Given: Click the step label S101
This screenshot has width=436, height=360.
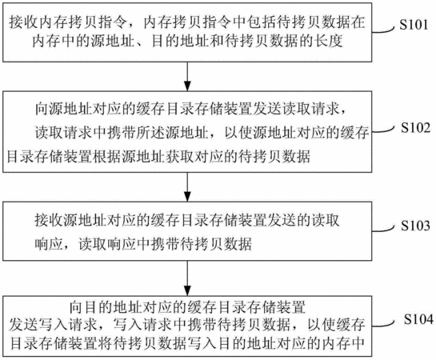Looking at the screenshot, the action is pos(414,25).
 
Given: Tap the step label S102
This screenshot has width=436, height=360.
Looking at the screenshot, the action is pos(415,128).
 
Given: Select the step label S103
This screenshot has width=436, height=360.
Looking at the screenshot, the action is pos(415,226).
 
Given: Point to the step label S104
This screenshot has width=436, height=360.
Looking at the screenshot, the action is pos(418,319).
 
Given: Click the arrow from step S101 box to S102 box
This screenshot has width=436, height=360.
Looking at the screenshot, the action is pos(188,76).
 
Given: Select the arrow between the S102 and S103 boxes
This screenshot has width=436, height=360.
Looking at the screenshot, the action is pos(188,187).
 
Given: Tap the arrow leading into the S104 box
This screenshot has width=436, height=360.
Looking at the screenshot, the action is pos(188,278).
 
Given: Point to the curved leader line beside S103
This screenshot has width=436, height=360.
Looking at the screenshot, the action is pos(383,230).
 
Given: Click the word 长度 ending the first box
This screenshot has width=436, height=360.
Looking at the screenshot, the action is pos(328,42).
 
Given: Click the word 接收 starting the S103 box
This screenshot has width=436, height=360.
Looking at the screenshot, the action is pos(50,221).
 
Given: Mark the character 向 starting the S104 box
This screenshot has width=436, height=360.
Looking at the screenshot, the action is pos(76,307).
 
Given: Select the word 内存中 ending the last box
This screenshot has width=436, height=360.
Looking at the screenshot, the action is pos(343,343).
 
